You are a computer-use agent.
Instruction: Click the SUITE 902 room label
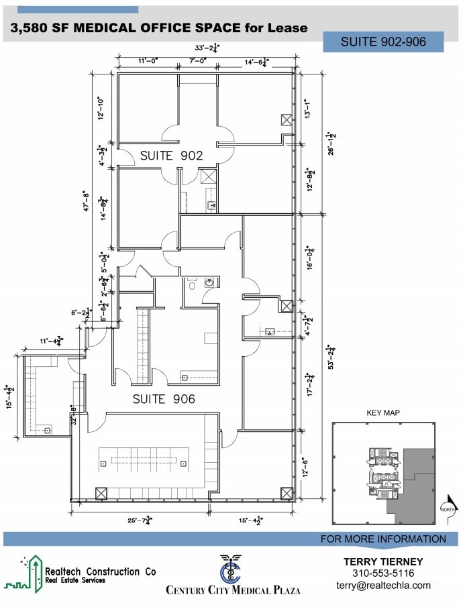pos(171,156)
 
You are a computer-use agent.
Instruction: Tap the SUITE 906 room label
pos(164,399)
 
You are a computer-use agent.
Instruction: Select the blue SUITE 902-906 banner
pos(383,42)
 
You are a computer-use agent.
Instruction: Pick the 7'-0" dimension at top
pos(197,61)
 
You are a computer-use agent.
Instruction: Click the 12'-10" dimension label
pos(101,108)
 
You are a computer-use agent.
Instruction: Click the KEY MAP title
pos(383,413)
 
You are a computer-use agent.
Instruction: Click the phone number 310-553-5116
pos(383,573)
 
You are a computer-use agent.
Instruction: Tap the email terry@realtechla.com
pos(383,585)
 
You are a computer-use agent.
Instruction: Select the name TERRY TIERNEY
pos(383,561)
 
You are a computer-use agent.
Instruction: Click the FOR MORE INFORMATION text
pos(383,539)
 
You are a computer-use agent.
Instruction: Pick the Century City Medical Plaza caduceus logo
pos(233,569)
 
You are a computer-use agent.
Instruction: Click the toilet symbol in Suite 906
pos(192,284)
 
